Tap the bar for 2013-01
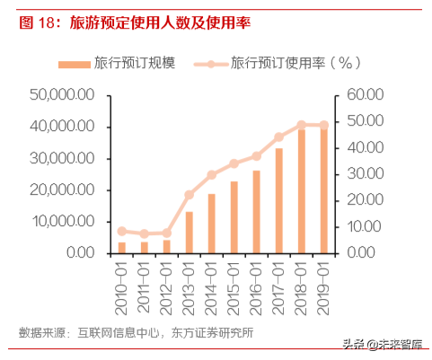pos(189,232)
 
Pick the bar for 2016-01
pos(256,212)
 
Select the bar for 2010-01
pos(121,247)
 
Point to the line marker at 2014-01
pos(211,175)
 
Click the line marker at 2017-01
pos(278,137)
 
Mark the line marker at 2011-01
pos(144,233)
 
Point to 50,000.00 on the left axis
pos(63,94)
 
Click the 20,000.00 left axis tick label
pos(63,189)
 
